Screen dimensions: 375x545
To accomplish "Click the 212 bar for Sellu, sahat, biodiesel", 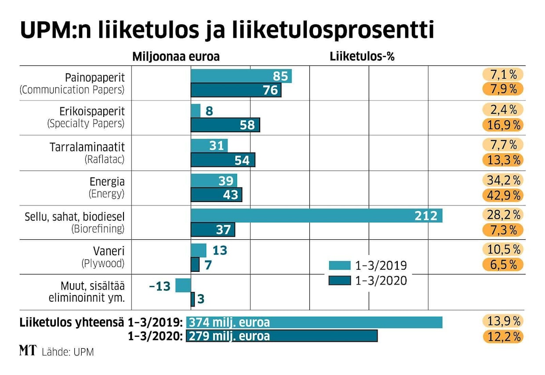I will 316,216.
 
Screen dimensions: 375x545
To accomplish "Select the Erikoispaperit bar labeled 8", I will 196,111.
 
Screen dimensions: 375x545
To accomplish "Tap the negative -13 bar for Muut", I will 183,285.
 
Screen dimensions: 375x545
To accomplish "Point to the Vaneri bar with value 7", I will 195,265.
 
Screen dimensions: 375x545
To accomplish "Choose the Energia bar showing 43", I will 216,195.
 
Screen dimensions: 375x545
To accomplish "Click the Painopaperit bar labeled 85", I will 241,76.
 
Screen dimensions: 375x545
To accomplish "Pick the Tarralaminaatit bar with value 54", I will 223,160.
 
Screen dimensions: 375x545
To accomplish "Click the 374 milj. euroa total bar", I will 314,322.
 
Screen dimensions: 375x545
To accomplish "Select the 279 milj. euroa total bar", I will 282,336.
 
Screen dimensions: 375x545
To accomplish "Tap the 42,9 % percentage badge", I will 504,195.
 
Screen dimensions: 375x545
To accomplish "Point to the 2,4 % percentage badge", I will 504,109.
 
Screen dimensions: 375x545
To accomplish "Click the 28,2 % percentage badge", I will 504,215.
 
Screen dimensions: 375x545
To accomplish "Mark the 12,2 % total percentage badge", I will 504,336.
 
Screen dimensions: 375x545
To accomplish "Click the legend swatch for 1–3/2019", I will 339,265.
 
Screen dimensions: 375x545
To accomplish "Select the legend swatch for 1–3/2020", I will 339,280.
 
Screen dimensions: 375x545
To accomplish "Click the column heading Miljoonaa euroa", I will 176,57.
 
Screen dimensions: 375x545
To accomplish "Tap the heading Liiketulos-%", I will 361,57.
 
